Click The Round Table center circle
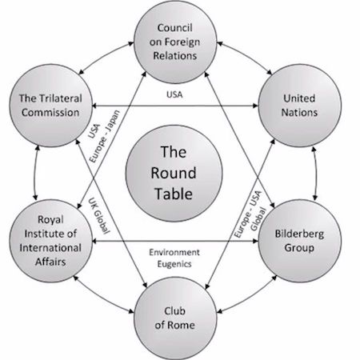pyautogui.click(x=174, y=174)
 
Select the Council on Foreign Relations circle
pyautogui.click(x=175, y=42)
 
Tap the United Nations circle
pyautogui.click(x=300, y=106)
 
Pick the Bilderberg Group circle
pyautogui.click(x=300, y=241)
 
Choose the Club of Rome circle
pyautogui.click(x=175, y=318)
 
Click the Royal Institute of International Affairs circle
pyautogui.click(x=51, y=241)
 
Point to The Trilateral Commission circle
pyautogui.click(x=51, y=106)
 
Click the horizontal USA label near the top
pyautogui.click(x=174, y=94)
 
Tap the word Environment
pyautogui.click(x=174, y=252)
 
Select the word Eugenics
pyautogui.click(x=174, y=264)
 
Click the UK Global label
pyautogui.click(x=99, y=216)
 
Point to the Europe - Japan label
pyautogui.click(x=105, y=136)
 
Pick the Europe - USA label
pyautogui.click(x=247, y=214)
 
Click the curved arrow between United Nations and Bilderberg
pyautogui.click(x=317, y=174)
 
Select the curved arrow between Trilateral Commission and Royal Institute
pyautogui.click(x=34, y=174)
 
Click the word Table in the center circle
pyautogui.click(x=174, y=194)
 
